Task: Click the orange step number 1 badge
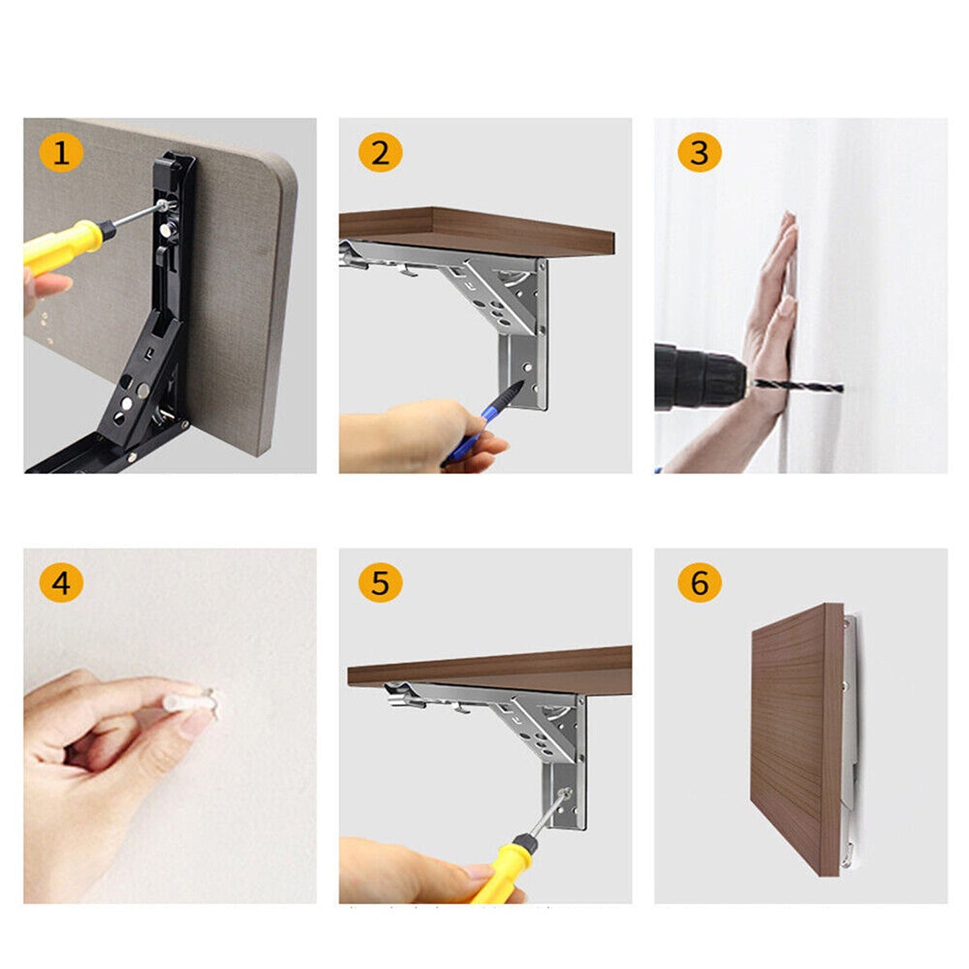point(61,153)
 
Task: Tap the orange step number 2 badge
point(380,153)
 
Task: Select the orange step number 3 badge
point(699,153)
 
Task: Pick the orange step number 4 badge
point(61,582)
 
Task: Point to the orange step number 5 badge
point(380,582)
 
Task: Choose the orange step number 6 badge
point(699,582)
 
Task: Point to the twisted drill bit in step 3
point(798,386)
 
